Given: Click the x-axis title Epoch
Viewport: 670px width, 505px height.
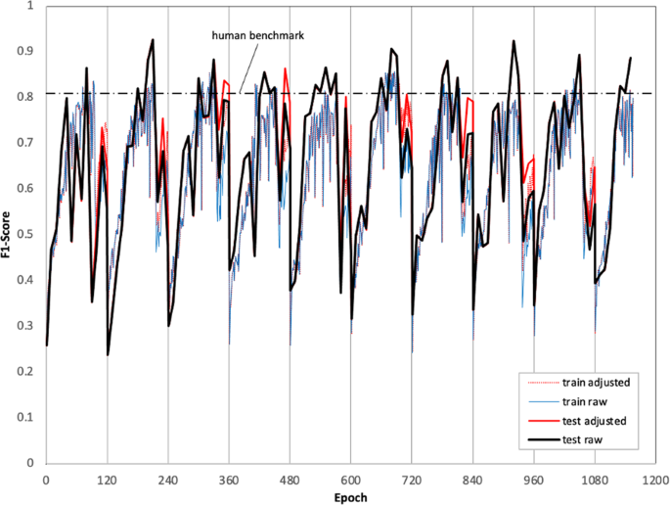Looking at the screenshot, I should [350, 496].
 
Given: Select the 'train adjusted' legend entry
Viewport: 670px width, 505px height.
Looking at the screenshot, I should [603, 383].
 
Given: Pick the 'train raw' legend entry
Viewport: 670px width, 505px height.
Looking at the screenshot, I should [594, 401].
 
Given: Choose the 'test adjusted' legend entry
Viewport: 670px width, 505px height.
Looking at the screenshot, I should [600, 421].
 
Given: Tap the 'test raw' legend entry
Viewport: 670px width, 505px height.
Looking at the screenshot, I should [591, 439].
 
